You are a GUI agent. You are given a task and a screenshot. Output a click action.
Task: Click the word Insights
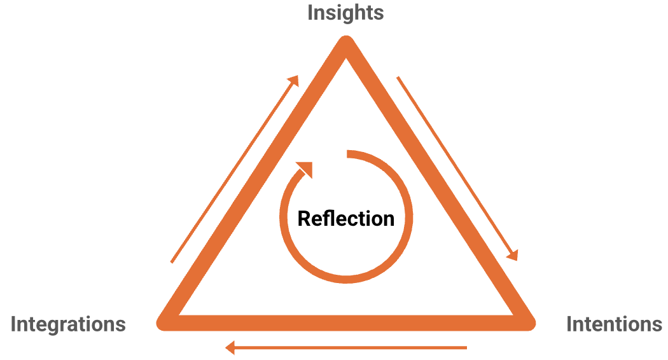coord(345,12)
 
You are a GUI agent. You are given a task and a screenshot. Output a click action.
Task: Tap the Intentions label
coord(614,324)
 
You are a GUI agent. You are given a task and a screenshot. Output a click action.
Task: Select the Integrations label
coord(68,324)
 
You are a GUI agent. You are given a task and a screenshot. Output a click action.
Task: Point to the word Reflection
coord(346,218)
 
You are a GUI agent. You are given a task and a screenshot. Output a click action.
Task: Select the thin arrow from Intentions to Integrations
coord(347,348)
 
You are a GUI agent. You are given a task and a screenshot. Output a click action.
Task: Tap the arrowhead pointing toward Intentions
coord(513,254)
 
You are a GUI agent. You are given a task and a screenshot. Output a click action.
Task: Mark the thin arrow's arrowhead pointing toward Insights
coord(293,80)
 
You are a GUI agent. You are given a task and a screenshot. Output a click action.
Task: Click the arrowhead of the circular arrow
coord(305,169)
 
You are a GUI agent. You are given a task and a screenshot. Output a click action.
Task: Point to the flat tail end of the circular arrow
coord(348,153)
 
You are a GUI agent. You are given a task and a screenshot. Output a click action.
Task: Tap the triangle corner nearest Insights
coord(346,46)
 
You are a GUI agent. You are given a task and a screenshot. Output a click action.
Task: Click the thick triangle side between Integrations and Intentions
coord(346,322)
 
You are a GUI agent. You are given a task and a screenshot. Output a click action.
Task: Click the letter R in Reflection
coord(304,218)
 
